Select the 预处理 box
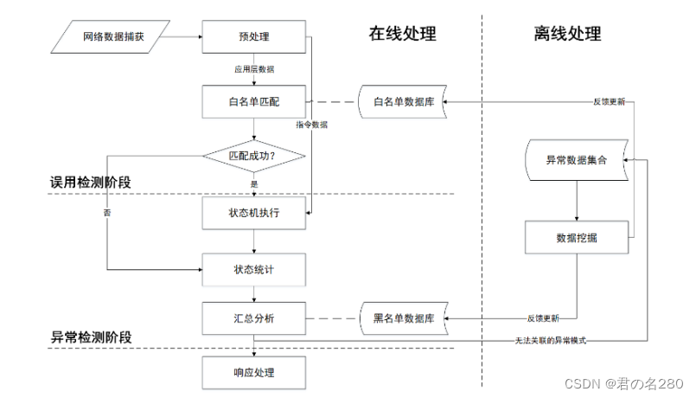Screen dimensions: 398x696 point(253,37)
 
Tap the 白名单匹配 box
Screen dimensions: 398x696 point(253,102)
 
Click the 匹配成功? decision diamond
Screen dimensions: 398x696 point(254,157)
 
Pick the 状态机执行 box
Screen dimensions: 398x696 point(253,213)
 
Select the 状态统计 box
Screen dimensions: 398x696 point(253,269)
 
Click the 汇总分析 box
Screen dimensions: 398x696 point(253,318)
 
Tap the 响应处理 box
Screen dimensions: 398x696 point(253,372)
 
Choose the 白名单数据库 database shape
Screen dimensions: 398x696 point(403,102)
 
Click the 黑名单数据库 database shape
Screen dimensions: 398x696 point(403,318)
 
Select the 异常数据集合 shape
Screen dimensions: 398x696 point(576,161)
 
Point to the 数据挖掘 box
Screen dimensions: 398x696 point(576,237)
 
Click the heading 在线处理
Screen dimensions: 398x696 point(402,35)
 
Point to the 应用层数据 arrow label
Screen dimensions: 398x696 point(254,68)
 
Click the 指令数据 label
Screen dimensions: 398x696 point(311,125)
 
